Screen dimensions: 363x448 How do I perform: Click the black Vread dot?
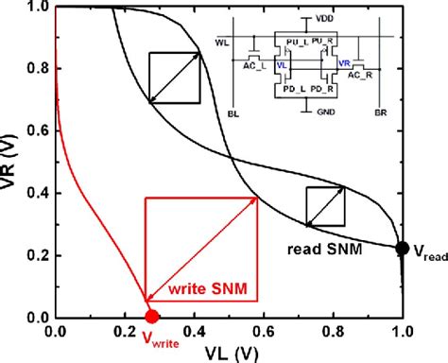402,249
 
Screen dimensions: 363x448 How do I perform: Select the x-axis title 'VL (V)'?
229,353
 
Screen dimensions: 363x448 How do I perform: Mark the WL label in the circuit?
223,43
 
